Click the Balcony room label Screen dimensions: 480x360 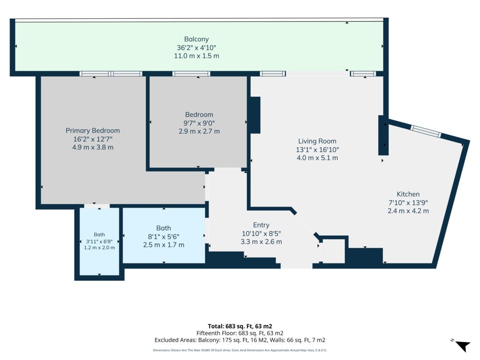[196, 39]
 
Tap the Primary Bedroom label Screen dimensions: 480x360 [92, 131]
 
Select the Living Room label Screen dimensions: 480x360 [317, 141]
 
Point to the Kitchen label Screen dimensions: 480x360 [408, 194]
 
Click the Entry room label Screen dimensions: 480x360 [261, 225]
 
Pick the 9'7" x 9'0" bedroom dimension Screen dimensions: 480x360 [199, 123]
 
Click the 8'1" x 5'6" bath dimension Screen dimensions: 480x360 [164, 237]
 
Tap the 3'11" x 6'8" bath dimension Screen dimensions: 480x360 [99, 241]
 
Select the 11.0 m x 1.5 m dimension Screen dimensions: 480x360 [196, 56]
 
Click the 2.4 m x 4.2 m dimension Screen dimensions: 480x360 [408, 211]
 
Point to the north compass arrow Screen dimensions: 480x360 [463, 346]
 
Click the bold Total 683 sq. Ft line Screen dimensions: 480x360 [240, 326]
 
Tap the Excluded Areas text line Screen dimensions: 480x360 [240, 340]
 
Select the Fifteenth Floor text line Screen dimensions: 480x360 [240, 333]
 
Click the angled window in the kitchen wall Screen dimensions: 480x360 [426, 131]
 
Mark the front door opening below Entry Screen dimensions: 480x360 [296, 266]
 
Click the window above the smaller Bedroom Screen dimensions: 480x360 [191, 74]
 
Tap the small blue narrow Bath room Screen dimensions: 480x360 [99, 241]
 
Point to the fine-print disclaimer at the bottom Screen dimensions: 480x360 [240, 350]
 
